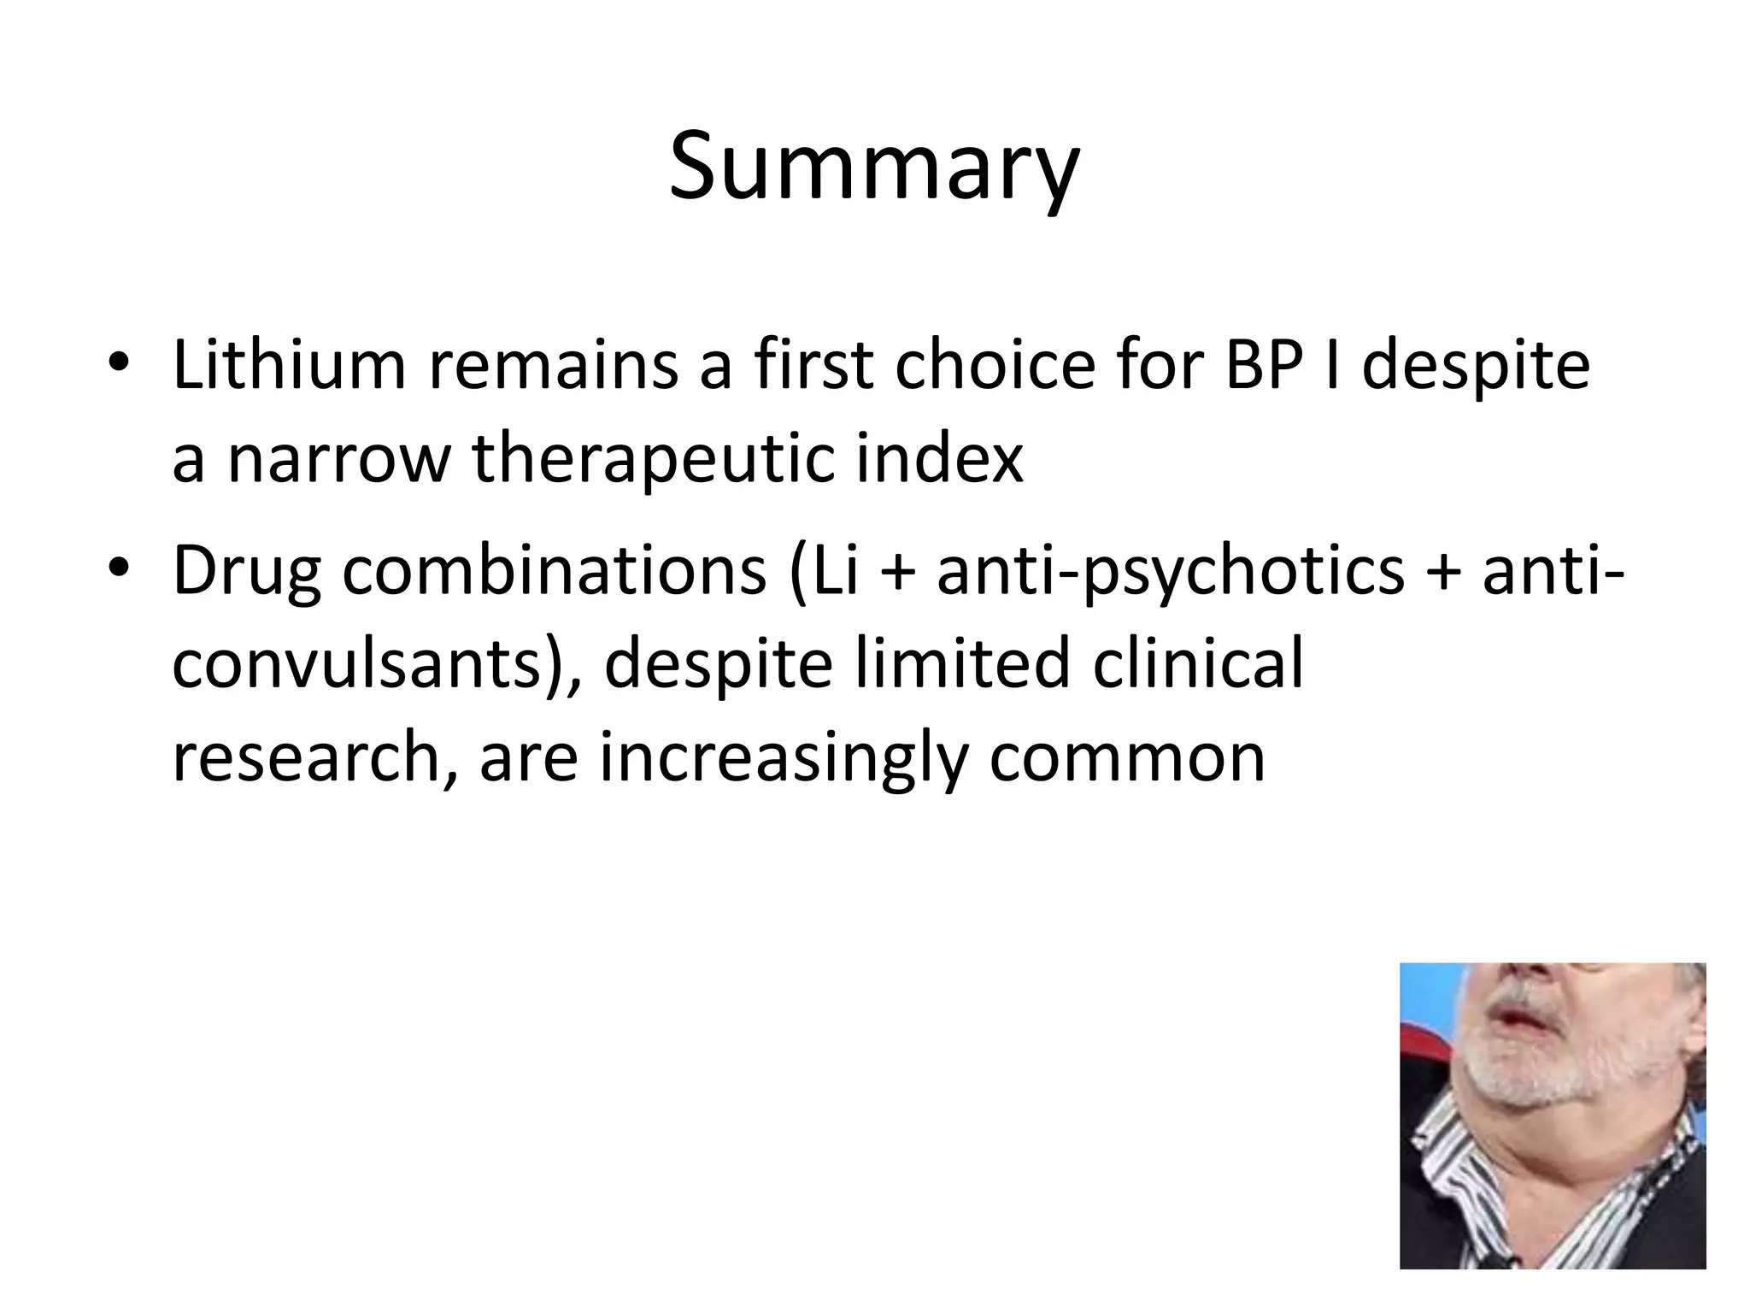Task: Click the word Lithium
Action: (289, 365)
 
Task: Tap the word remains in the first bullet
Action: (553, 365)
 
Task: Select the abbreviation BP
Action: (1264, 365)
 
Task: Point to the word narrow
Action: (338, 457)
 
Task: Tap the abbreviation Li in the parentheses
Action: (835, 571)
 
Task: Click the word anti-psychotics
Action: (1171, 571)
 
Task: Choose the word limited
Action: (962, 664)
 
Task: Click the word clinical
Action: (1198, 664)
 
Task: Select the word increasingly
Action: (784, 758)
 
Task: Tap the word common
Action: (1126, 758)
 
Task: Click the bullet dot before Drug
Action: (119, 567)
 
